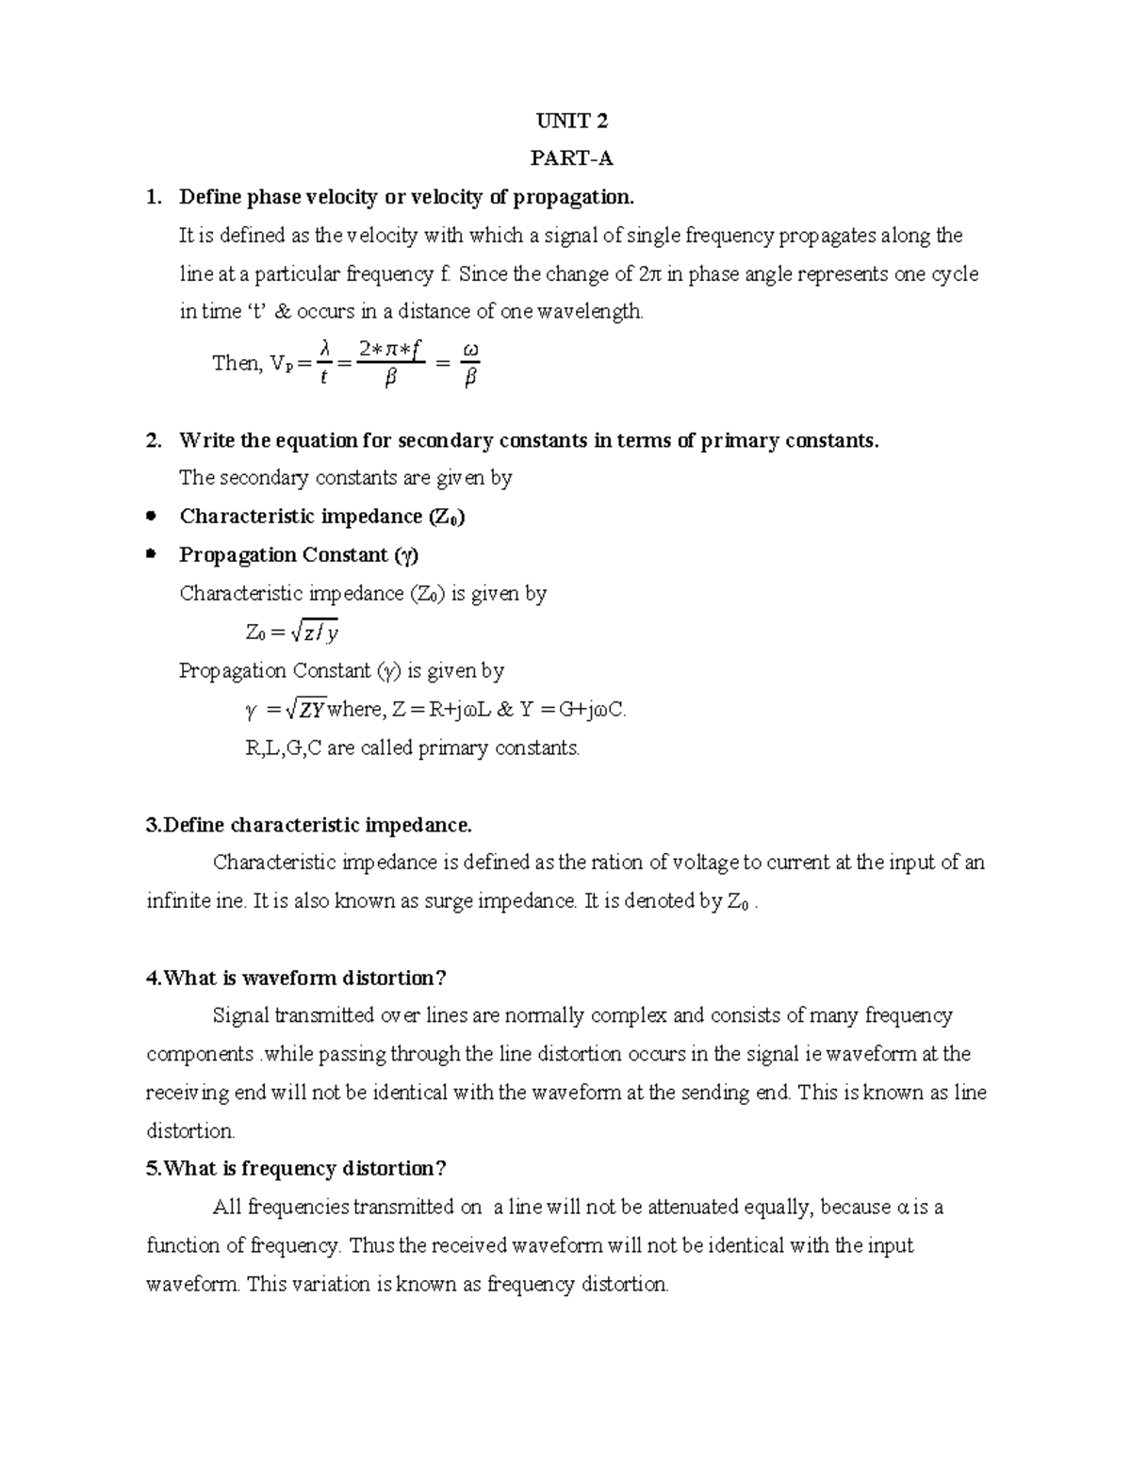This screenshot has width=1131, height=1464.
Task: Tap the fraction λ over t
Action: [x=324, y=364]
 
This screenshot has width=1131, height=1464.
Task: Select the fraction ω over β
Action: [x=471, y=364]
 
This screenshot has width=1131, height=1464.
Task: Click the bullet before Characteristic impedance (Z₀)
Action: [x=152, y=517]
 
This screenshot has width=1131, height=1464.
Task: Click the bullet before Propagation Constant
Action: [x=152, y=554]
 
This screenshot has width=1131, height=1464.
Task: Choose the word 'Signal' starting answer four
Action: [x=241, y=1016]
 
